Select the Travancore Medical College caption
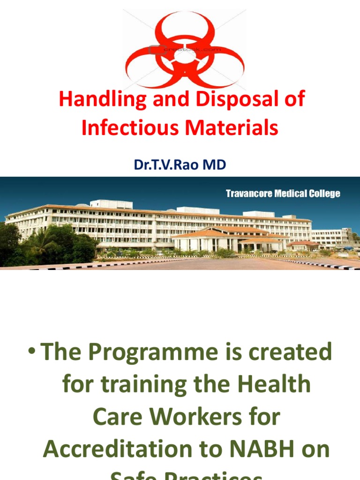pyautogui.click(x=283, y=194)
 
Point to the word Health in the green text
pyautogui.click(x=277, y=385)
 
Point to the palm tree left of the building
pyautogui.click(x=40, y=239)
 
